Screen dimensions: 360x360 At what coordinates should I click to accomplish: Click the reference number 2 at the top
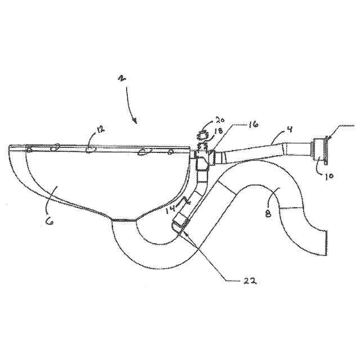pos(121,78)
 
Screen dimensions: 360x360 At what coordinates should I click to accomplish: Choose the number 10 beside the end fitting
pos(328,174)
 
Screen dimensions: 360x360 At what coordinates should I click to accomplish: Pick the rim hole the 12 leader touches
pos(90,150)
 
